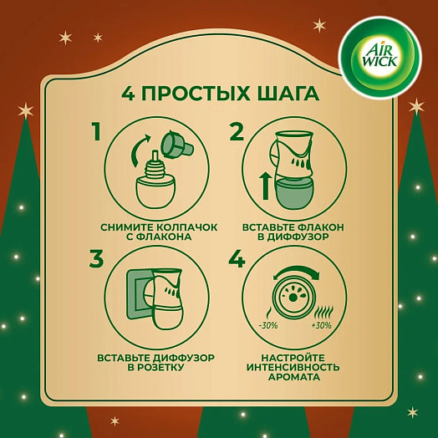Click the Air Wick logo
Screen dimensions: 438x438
click(x=380, y=57)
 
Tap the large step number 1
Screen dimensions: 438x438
click(x=96, y=133)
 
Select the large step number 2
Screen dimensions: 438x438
click(x=237, y=133)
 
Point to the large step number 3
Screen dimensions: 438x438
click(x=96, y=260)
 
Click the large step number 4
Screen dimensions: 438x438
click(x=237, y=260)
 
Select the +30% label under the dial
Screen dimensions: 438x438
click(x=322, y=325)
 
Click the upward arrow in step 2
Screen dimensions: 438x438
click(x=267, y=184)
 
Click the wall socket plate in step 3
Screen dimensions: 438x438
click(x=136, y=292)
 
